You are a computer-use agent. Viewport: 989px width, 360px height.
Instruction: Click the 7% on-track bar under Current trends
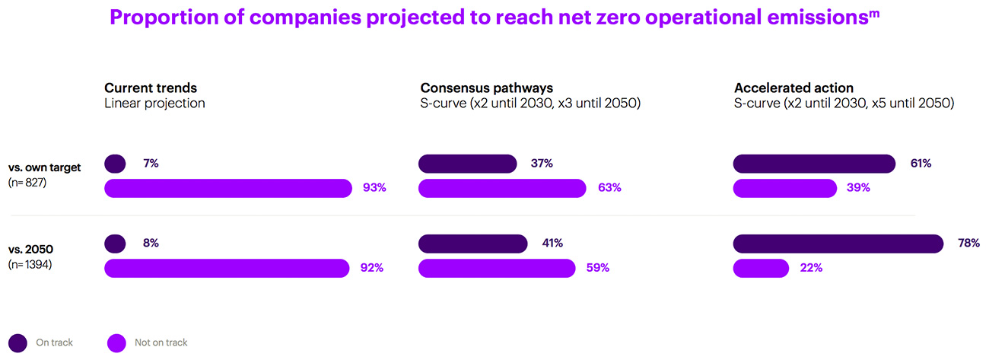[x=115, y=164]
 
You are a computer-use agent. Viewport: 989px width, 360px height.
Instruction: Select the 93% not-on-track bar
[x=227, y=188]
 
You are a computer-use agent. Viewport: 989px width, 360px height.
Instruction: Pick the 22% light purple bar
[x=761, y=268]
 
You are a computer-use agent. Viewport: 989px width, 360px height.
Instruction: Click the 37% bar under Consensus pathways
[x=468, y=164]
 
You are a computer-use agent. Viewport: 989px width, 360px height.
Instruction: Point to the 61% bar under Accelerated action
[x=814, y=164]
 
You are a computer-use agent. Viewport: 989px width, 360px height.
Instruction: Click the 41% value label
[x=552, y=244]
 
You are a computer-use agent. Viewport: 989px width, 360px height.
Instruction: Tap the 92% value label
[x=372, y=268]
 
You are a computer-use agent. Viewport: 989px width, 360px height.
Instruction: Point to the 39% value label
[x=859, y=188]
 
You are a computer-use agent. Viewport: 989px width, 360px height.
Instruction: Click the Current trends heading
[x=151, y=88]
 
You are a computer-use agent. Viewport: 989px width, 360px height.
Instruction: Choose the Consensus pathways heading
[x=486, y=88]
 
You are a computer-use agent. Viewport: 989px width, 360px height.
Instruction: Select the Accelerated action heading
[x=793, y=88]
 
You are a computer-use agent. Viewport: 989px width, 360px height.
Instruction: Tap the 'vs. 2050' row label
[x=30, y=250]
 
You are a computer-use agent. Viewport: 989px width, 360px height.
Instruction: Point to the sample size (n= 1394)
[x=31, y=265]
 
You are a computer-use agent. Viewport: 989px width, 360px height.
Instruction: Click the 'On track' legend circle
[x=18, y=342]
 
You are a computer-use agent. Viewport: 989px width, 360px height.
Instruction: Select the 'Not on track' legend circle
[x=116, y=342]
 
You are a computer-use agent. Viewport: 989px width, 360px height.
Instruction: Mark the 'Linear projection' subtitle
[x=154, y=104]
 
